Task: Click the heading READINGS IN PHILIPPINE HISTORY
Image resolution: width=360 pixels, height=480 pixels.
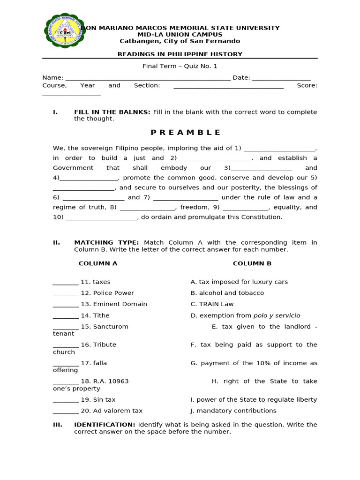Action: [x=180, y=54]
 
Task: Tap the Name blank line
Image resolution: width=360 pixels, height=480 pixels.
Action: [x=148, y=78]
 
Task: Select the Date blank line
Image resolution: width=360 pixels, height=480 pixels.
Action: [x=281, y=78]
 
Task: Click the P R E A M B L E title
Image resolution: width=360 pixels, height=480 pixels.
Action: [x=180, y=133]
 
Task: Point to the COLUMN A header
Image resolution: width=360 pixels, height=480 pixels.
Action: [x=98, y=263]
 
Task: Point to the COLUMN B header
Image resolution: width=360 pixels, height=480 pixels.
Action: [x=252, y=263]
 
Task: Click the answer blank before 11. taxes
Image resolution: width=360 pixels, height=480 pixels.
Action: [x=66, y=283]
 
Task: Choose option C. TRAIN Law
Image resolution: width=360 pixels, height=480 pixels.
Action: [x=212, y=304]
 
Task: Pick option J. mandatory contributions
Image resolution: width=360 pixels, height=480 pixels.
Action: [x=233, y=411]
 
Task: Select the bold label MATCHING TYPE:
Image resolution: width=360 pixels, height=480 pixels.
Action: [x=106, y=243]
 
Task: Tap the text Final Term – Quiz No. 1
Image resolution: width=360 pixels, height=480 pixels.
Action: [x=180, y=67]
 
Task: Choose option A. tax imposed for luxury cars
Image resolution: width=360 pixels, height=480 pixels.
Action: [x=239, y=282]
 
